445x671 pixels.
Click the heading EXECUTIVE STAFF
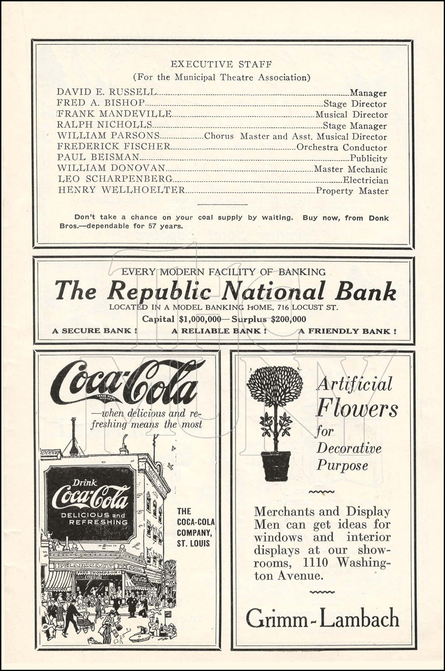[x=221, y=64]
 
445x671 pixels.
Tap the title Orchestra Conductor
[x=342, y=148]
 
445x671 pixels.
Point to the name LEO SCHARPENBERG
[x=115, y=179]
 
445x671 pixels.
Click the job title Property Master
[x=352, y=191]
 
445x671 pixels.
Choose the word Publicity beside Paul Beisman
[x=368, y=158]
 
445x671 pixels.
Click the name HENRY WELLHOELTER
[x=121, y=190]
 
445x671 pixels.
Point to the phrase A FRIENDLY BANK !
[x=347, y=331]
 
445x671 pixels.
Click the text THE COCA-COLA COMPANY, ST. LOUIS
[x=195, y=527]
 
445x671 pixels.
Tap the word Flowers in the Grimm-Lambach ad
[x=357, y=408]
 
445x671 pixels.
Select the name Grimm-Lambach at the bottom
[x=322, y=619]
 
